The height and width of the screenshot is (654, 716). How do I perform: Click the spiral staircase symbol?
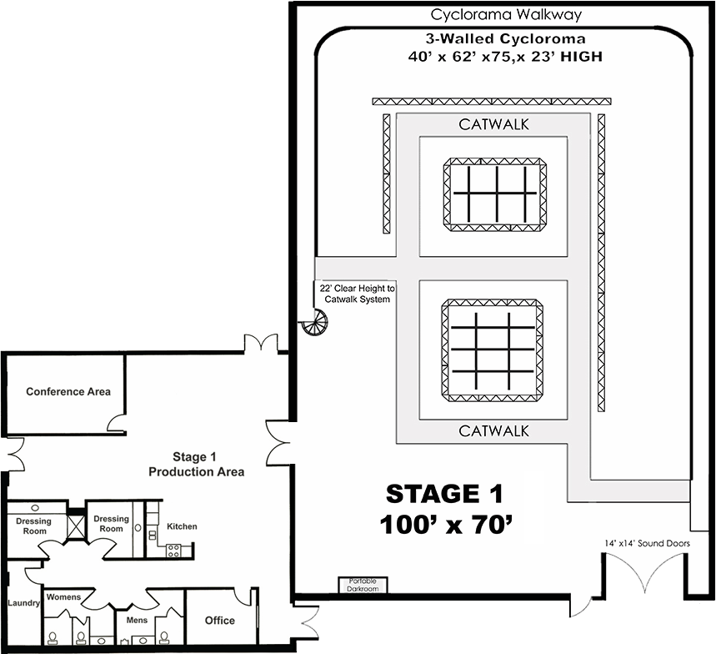pyautogui.click(x=314, y=322)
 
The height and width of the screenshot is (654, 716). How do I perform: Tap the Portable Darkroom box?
pyautogui.click(x=363, y=585)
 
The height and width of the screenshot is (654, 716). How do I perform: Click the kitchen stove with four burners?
pyautogui.click(x=173, y=551)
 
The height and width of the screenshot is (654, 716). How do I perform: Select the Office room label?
pyautogui.click(x=220, y=620)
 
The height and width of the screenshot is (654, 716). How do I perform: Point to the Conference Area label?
pyautogui.click(x=68, y=392)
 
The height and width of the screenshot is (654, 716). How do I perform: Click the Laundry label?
pyautogui.click(x=23, y=603)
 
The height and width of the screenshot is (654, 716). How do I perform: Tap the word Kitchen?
pyautogui.click(x=182, y=526)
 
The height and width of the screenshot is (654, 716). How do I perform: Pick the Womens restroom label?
pyautogui.click(x=63, y=597)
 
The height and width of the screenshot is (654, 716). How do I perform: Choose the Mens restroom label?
pyautogui.click(x=137, y=620)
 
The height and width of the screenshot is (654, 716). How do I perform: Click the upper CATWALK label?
pyautogui.click(x=493, y=124)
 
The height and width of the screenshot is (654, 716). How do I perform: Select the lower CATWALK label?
pyautogui.click(x=493, y=431)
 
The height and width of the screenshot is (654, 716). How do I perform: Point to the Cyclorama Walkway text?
pyautogui.click(x=506, y=15)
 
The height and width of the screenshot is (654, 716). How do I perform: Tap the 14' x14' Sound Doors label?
pyautogui.click(x=647, y=543)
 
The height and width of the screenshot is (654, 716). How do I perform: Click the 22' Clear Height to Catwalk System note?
pyautogui.click(x=357, y=294)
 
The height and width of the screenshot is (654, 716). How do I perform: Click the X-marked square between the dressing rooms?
pyautogui.click(x=76, y=527)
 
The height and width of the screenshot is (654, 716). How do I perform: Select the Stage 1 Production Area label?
pyautogui.click(x=197, y=465)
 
